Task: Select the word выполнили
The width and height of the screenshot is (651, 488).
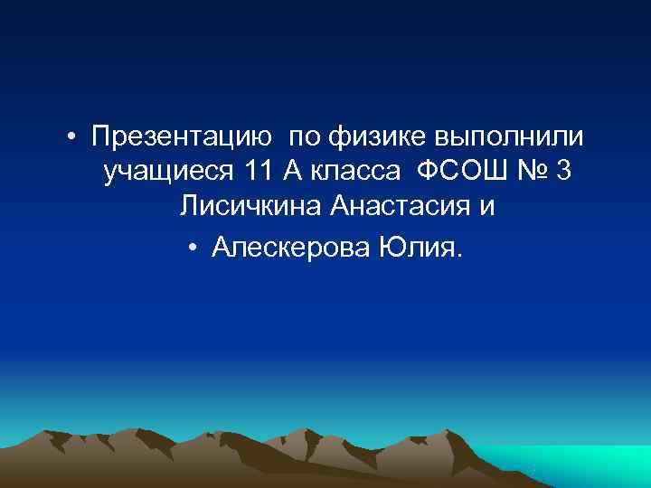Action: [x=511, y=137]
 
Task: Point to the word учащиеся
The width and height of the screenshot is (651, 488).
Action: [x=167, y=171]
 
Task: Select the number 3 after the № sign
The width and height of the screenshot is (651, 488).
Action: [x=564, y=171]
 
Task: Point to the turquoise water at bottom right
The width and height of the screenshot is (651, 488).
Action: [x=588, y=465]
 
